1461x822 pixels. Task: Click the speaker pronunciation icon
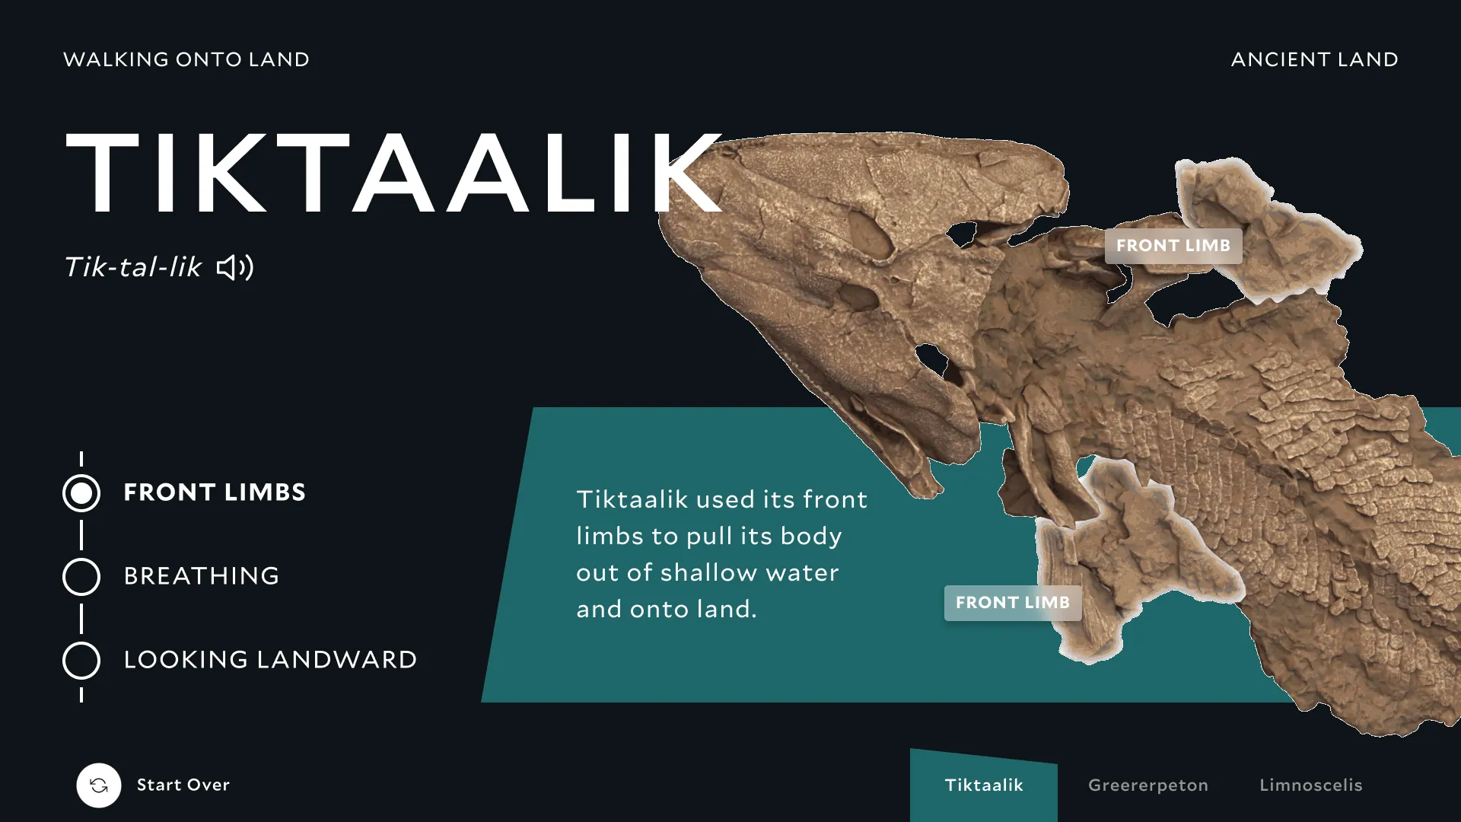click(x=235, y=267)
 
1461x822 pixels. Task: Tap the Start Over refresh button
click(x=99, y=785)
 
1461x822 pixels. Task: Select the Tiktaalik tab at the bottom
click(x=984, y=785)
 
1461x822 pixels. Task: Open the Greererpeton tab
click(x=1148, y=785)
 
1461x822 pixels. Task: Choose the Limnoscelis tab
click(x=1311, y=785)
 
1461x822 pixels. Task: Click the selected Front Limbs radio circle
click(x=81, y=493)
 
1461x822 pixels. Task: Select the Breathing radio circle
click(x=81, y=577)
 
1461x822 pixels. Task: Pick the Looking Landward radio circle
click(x=81, y=661)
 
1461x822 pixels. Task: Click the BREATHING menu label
click(x=202, y=576)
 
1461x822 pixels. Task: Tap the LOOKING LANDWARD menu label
click(x=270, y=660)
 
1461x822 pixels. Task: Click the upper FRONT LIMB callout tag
click(x=1173, y=246)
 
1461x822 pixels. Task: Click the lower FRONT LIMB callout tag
click(x=1013, y=603)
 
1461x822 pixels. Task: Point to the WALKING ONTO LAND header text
click(x=186, y=59)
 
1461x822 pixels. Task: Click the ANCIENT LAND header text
click(x=1315, y=59)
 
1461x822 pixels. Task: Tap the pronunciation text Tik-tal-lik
click(x=133, y=267)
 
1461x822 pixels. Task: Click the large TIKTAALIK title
click(x=393, y=173)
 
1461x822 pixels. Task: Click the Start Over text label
click(x=183, y=785)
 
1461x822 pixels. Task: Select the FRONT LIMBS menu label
click(x=215, y=492)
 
